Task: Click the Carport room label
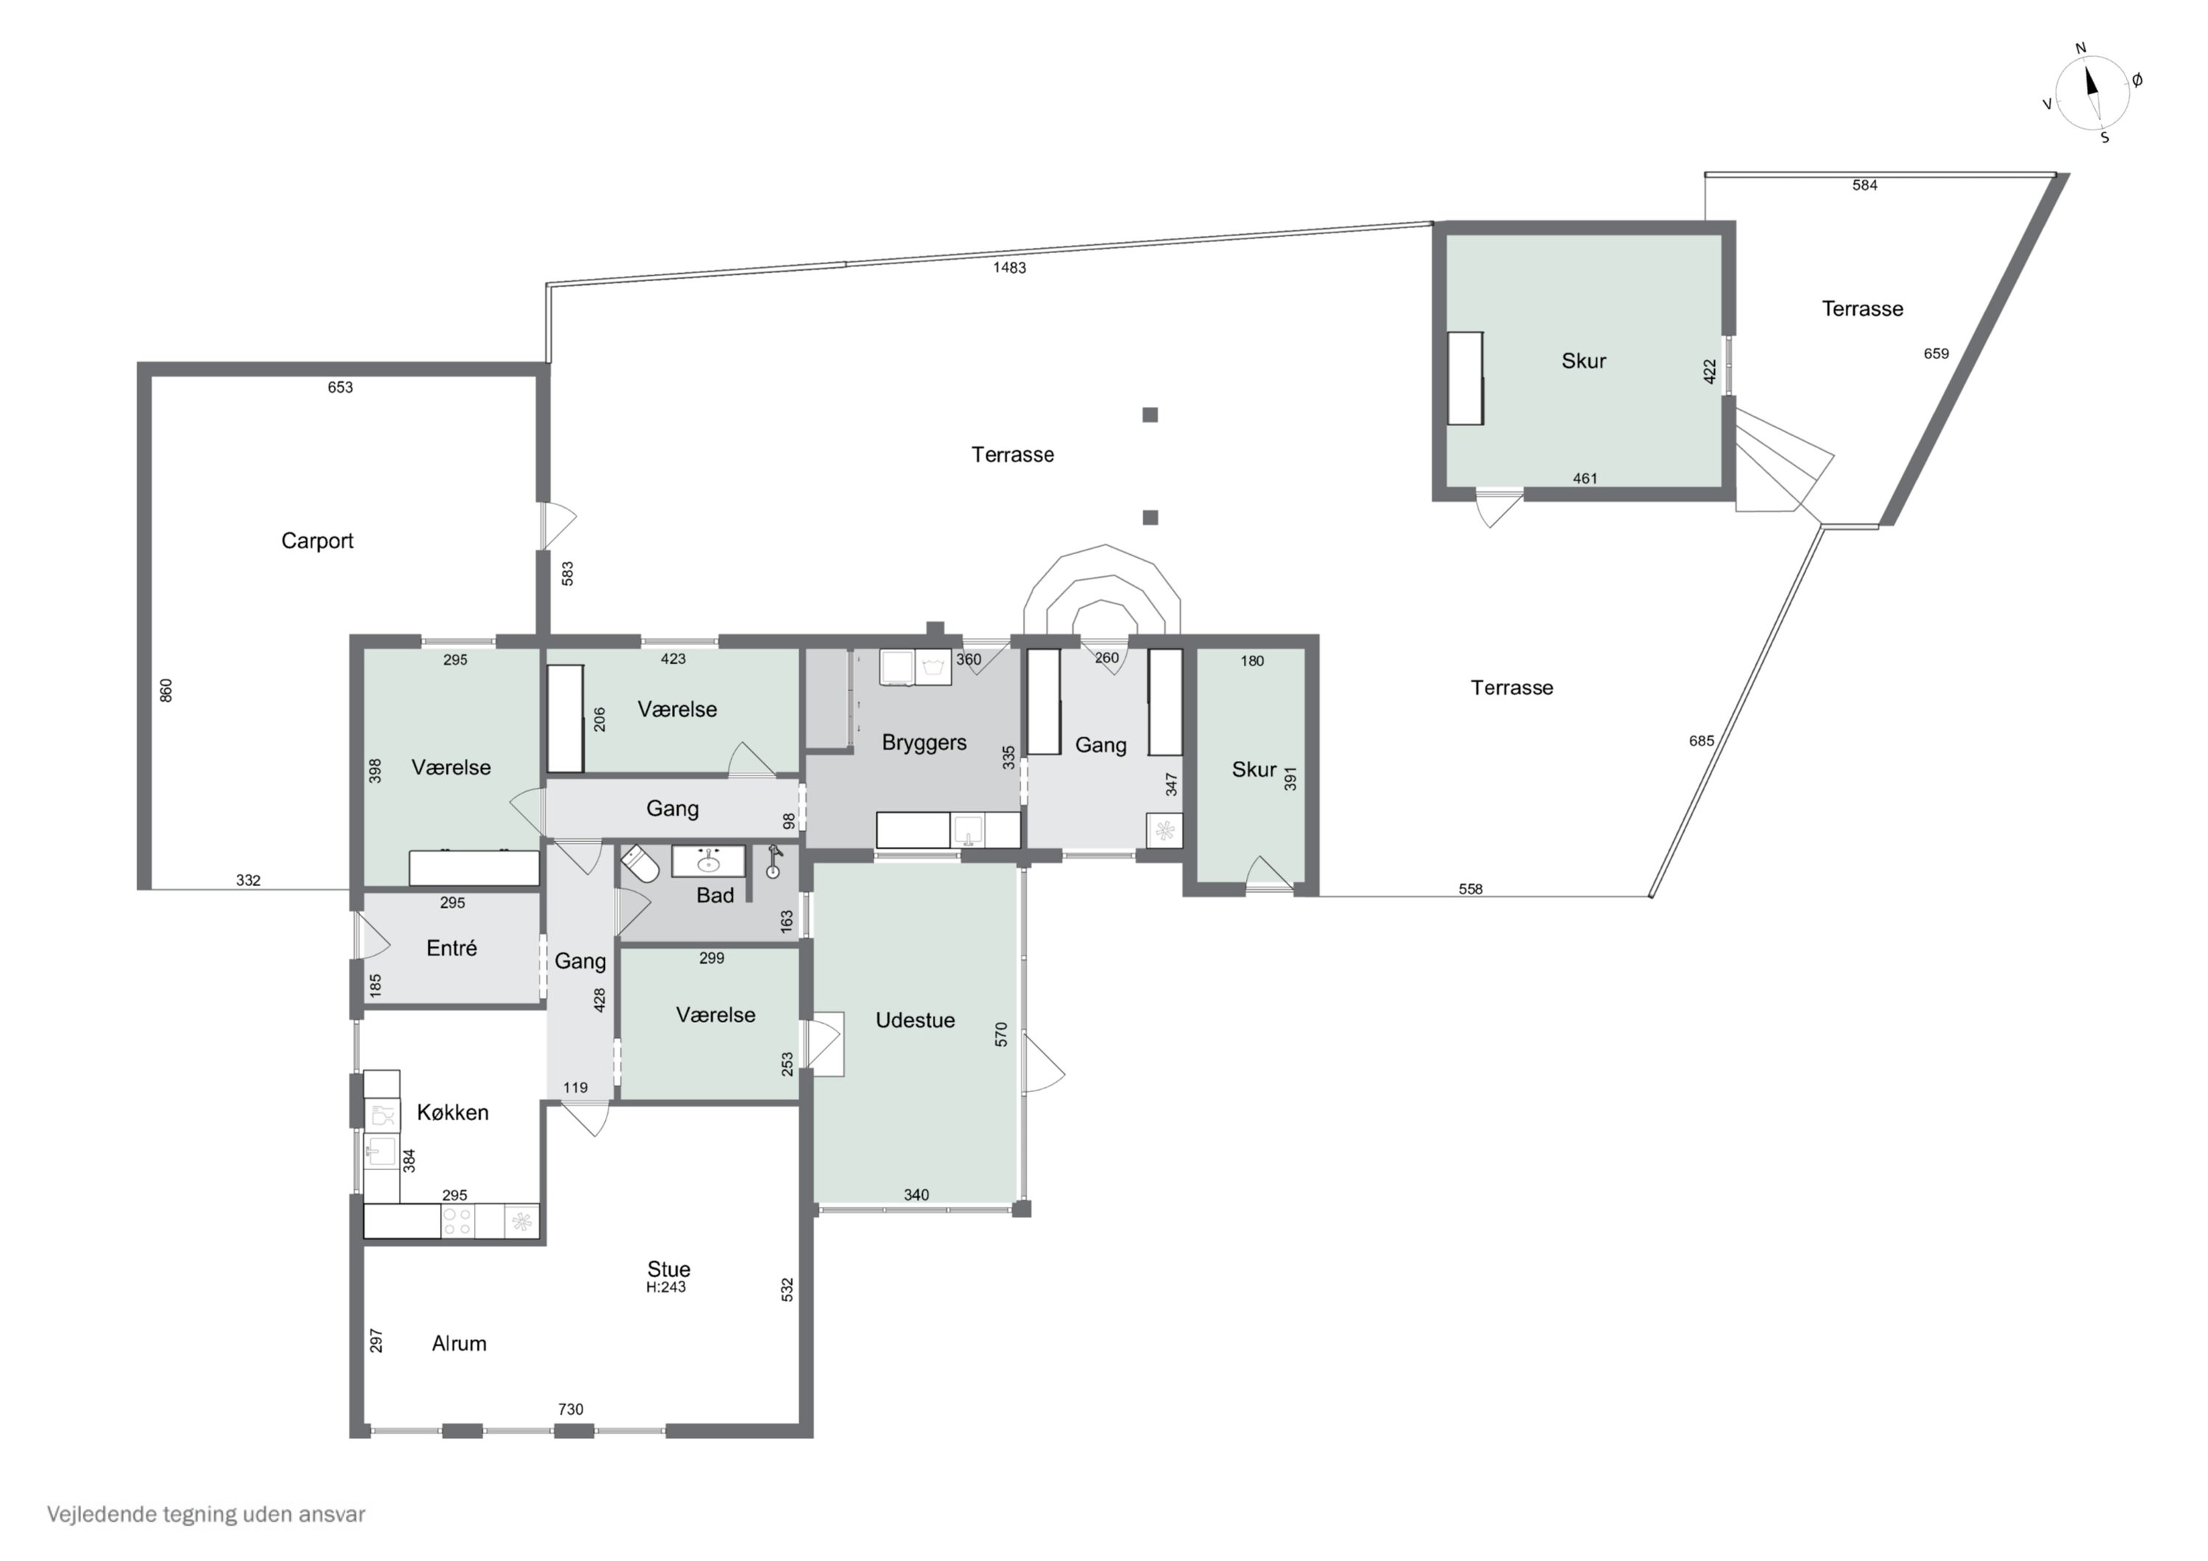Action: coord(316,540)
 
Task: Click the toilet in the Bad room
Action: coord(640,865)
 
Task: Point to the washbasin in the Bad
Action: coord(708,862)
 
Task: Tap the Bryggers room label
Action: coord(923,743)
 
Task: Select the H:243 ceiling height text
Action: coord(665,1288)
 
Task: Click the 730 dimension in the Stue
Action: coord(570,1409)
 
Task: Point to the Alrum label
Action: coord(459,1344)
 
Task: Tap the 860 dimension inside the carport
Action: coord(166,690)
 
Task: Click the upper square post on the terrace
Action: coord(1149,414)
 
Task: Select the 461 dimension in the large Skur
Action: coord(1584,478)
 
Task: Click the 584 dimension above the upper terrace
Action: coord(1864,185)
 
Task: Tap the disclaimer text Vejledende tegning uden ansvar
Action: coord(206,1515)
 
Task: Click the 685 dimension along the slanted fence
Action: coord(1701,740)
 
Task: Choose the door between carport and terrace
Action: coord(555,524)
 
